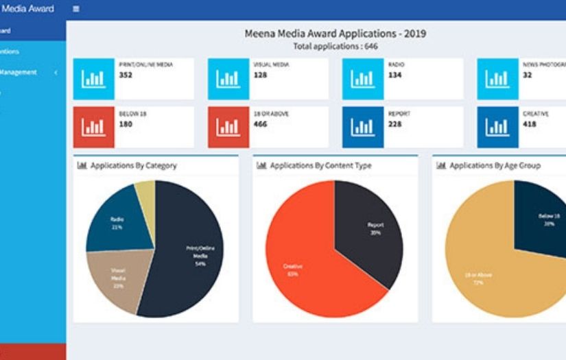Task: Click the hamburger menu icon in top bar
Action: click(75, 9)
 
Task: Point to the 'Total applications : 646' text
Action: click(335, 47)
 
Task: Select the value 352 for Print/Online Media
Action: click(126, 75)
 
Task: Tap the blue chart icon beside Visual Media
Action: click(228, 79)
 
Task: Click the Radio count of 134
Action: click(394, 75)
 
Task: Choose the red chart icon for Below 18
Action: click(94, 127)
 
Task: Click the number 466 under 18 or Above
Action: click(261, 124)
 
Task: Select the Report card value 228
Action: click(395, 124)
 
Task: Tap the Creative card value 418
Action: click(530, 124)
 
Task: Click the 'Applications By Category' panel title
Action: click(133, 165)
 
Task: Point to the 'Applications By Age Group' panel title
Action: click(495, 165)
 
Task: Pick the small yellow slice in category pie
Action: click(145, 193)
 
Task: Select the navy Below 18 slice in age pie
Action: click(542, 216)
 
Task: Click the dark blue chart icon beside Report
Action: click(363, 127)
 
